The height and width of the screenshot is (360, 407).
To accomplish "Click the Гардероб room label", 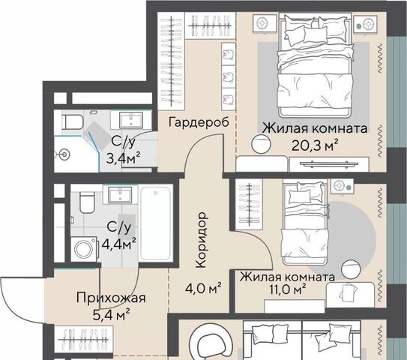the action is (x=199, y=122).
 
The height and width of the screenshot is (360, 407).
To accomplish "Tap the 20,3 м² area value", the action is (x=315, y=145).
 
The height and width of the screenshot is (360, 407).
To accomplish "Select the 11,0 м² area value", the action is (x=288, y=289).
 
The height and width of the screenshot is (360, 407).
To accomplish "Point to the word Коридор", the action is (x=202, y=240).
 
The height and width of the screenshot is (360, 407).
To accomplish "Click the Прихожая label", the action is (x=111, y=298).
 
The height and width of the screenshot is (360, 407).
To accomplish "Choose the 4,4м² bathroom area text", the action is (x=119, y=244).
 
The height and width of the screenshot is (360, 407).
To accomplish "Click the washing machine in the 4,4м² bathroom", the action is (x=85, y=249).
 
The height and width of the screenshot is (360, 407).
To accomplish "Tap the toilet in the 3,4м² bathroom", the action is (x=72, y=121).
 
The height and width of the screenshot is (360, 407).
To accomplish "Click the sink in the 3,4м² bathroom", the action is (x=131, y=120).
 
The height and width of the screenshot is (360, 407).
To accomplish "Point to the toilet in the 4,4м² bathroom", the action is (x=87, y=202).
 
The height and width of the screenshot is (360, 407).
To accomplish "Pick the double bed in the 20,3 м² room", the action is (x=315, y=65).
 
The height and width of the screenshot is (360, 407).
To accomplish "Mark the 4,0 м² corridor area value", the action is (x=204, y=288).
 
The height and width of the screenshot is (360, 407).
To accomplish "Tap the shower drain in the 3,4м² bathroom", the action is (x=64, y=154).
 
